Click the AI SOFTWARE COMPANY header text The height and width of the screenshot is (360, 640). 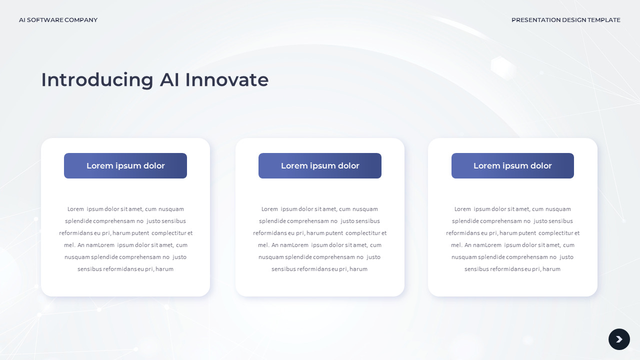pyautogui.click(x=58, y=20)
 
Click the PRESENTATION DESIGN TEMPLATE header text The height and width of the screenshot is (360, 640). pyautogui.click(x=565, y=20)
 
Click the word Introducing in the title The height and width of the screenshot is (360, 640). pyautogui.click(x=97, y=80)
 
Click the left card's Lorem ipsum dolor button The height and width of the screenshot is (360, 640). pyautogui.click(x=125, y=166)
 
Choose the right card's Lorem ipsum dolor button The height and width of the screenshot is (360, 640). pyautogui.click(x=512, y=166)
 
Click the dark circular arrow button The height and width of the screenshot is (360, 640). pyautogui.click(x=619, y=339)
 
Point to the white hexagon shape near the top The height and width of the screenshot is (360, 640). pyautogui.click(x=503, y=67)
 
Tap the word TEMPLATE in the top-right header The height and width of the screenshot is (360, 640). pyautogui.click(x=604, y=20)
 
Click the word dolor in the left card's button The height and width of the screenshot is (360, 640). pyautogui.click(x=154, y=166)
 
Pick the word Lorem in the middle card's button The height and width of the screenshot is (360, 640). pyautogui.click(x=292, y=166)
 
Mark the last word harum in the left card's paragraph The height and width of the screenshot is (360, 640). pyautogui.click(x=164, y=269)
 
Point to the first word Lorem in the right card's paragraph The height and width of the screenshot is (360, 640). pyautogui.click(x=462, y=209)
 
